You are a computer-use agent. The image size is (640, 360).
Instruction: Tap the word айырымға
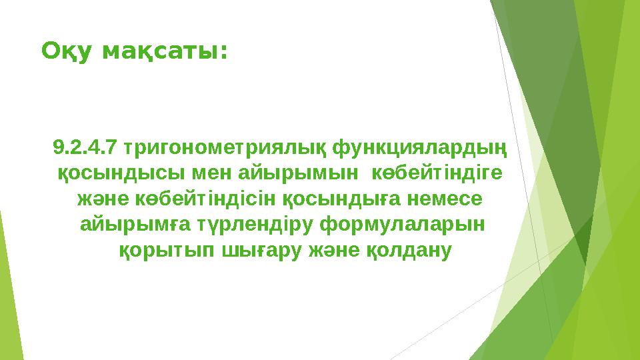(128, 225)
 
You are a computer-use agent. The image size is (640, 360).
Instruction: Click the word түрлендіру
(249, 225)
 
